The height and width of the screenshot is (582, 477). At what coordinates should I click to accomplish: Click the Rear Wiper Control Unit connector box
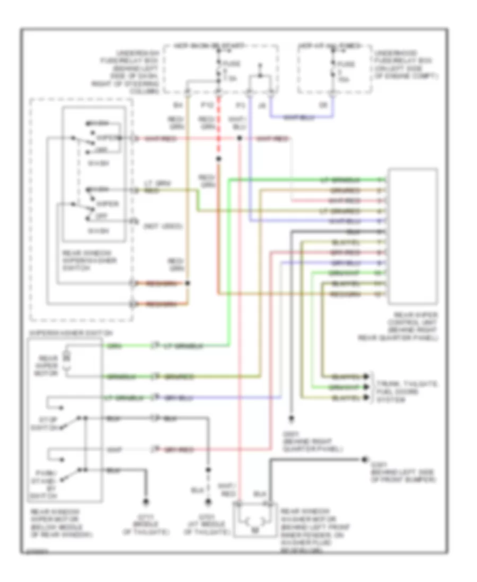pos(413,236)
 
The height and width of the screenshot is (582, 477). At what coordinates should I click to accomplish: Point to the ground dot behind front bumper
pos(364,459)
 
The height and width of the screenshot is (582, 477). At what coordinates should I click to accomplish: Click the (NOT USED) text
pos(163,226)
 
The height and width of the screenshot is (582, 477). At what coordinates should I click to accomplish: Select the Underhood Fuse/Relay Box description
pos(406,65)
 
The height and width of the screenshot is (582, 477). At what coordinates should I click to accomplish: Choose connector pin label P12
pos(206,105)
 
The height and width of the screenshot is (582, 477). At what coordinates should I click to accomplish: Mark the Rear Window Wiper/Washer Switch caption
pos(76,260)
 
